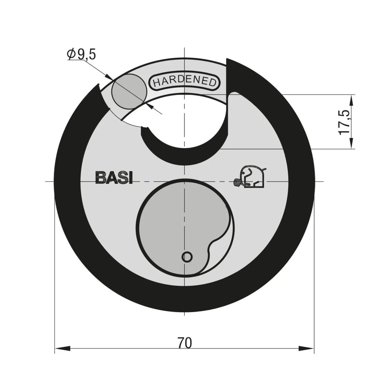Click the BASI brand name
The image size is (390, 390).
[x=114, y=178]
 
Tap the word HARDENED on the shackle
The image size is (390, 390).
[x=184, y=82]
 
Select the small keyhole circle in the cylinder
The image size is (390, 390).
[x=187, y=257]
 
